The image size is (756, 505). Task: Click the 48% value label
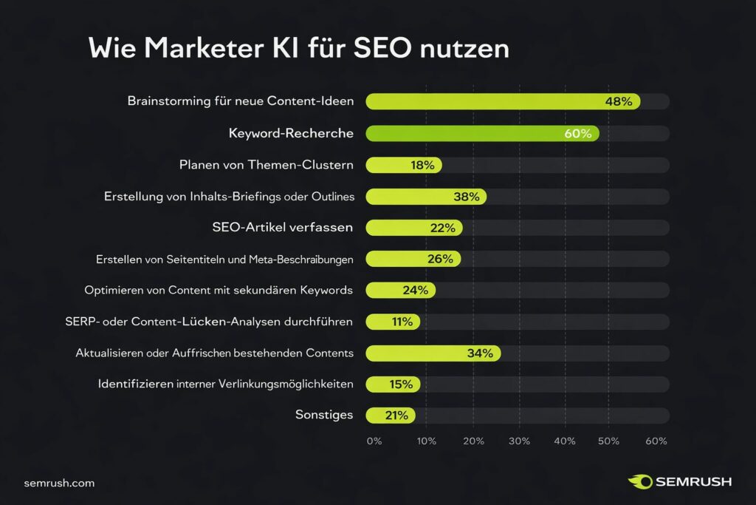[x=618, y=101]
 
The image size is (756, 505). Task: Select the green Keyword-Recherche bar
[x=480, y=134]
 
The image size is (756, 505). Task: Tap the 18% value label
[x=422, y=165]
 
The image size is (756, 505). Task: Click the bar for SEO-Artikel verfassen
[x=413, y=228]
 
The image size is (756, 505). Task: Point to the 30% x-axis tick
[x=519, y=441]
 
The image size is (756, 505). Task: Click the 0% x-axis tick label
[x=374, y=441]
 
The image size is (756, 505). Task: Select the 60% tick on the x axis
[x=656, y=441]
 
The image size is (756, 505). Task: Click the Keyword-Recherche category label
[x=291, y=134]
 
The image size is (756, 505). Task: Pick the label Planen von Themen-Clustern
[x=266, y=165]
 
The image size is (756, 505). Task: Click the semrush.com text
[x=59, y=483]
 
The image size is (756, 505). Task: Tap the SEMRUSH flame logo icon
[x=639, y=482]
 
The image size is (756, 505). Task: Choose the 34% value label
[x=480, y=353]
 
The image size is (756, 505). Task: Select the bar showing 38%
[x=425, y=197]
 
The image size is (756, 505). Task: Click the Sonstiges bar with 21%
[x=390, y=416]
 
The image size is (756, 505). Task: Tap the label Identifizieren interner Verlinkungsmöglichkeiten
[x=225, y=384]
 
